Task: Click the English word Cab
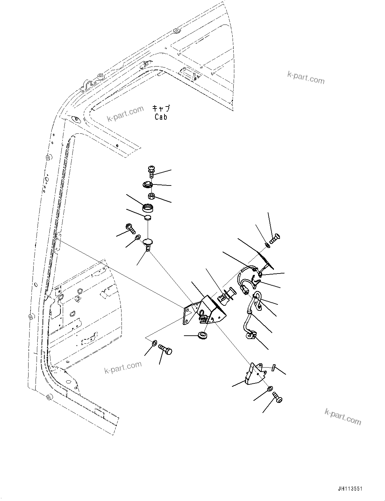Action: (x=161, y=117)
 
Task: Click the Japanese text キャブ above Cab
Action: (x=161, y=108)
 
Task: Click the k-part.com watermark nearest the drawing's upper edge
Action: (x=306, y=78)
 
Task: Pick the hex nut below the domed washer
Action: (x=151, y=196)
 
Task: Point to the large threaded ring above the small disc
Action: (x=148, y=208)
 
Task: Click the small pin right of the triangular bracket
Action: (x=274, y=368)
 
